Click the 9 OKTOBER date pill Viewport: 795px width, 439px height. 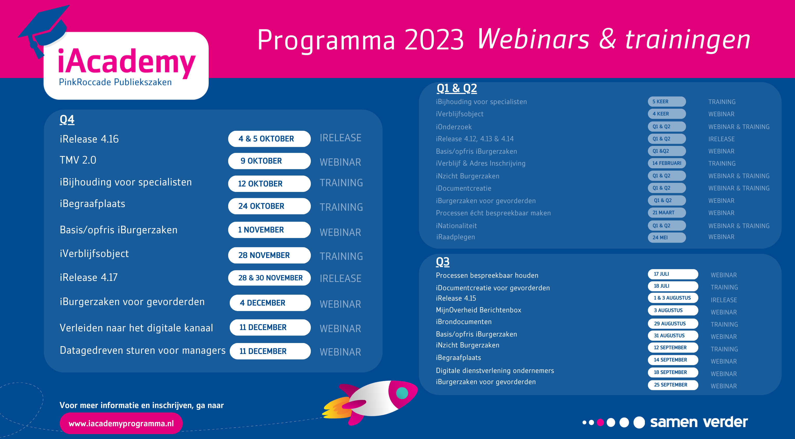click(x=269, y=161)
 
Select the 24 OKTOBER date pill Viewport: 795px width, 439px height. click(x=269, y=206)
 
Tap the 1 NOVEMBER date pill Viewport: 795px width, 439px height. click(x=269, y=230)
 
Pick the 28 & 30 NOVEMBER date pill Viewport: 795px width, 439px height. click(x=269, y=278)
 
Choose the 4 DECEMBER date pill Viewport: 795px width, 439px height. click(x=270, y=303)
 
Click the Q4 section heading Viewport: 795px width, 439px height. click(x=67, y=120)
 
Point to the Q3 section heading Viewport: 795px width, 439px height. click(x=443, y=262)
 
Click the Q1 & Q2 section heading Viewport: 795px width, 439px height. click(x=457, y=88)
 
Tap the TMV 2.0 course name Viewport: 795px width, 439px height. click(x=78, y=160)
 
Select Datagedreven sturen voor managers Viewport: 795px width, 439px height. click(x=143, y=350)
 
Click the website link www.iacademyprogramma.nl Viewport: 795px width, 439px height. click(x=121, y=423)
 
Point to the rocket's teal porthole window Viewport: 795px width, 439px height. click(x=402, y=393)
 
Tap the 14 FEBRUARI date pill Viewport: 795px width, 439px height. click(x=667, y=163)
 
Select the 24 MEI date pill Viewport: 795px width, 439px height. click(x=667, y=237)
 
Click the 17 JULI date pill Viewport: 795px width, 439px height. click(x=673, y=274)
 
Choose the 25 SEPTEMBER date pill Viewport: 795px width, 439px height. click(x=673, y=385)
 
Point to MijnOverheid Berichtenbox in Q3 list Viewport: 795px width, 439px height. click(x=478, y=310)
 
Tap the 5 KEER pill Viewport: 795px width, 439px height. click(x=667, y=102)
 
